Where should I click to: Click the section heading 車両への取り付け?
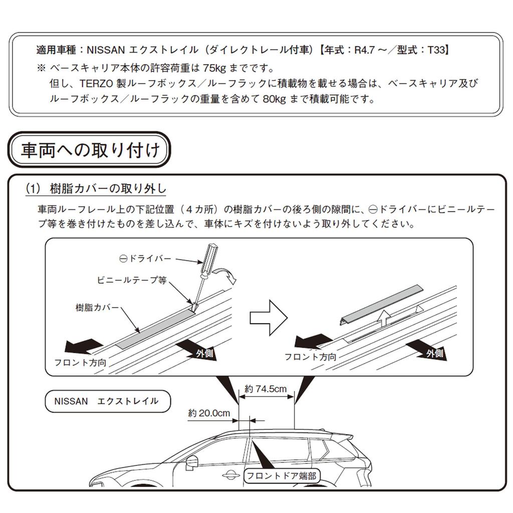click(90, 150)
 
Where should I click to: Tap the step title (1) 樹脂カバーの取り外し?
click(96, 189)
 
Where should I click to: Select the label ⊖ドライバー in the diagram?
click(145, 259)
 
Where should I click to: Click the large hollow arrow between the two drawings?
click(269, 318)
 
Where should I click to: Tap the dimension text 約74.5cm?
click(266, 388)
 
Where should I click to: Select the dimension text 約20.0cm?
click(209, 413)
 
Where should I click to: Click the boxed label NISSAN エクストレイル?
click(106, 401)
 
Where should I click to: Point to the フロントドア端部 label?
click(282, 475)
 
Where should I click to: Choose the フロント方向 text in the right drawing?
click(310, 357)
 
